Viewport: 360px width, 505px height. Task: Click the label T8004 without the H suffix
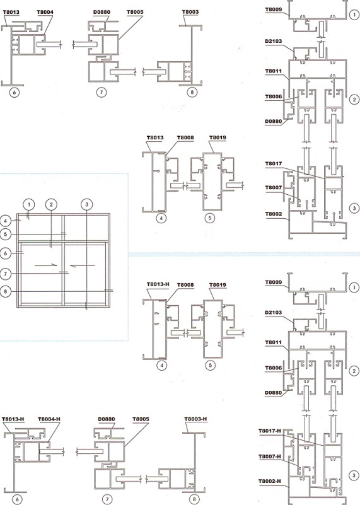pos(45,12)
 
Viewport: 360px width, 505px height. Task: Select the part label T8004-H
pos(49,419)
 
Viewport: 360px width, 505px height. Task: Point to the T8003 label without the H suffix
pos(190,12)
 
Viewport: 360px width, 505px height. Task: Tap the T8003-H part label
pos(195,419)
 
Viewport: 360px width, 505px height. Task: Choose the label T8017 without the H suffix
pos(274,164)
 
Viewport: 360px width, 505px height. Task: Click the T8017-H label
pos(269,431)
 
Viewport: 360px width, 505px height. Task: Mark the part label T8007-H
pos(269,456)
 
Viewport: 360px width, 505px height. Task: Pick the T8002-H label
pos(269,481)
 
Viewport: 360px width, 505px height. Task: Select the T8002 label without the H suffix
pos(274,214)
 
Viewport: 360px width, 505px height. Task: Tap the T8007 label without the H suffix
pos(274,187)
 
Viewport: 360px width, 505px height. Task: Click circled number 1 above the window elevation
pos(29,204)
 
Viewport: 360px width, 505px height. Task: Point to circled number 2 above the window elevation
pos(51,204)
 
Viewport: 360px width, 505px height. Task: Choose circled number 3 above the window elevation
pos(86,204)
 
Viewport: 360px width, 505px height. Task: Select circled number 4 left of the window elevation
pos(6,221)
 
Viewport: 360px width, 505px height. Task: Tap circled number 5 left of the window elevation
pos(6,234)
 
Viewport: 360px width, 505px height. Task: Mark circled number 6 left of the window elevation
pos(6,253)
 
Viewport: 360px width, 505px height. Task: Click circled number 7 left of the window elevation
pos(6,274)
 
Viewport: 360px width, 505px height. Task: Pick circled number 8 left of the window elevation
pos(6,292)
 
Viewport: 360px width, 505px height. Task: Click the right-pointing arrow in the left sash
pos(46,265)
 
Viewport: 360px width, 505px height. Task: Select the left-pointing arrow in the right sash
pos(83,265)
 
